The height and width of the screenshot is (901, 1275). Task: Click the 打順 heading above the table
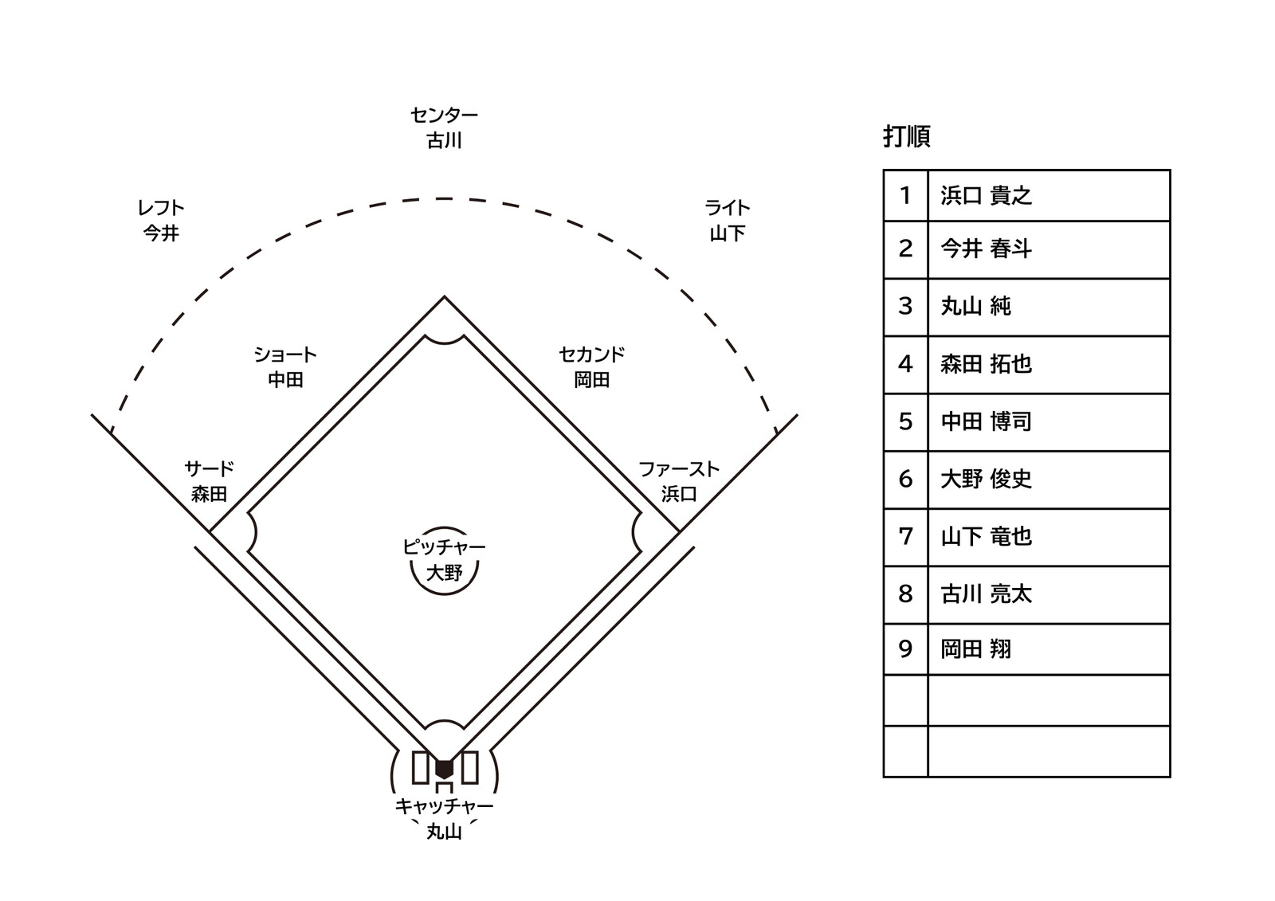click(x=907, y=136)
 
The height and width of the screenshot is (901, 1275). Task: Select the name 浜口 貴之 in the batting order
click(x=986, y=195)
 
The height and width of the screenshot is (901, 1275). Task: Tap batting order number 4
click(x=905, y=364)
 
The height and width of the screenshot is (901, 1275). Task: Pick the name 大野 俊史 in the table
click(x=986, y=479)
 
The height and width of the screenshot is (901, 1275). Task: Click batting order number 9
click(x=905, y=648)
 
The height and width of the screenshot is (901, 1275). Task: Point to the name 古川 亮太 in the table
click(x=986, y=593)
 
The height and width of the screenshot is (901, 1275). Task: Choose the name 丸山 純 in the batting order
click(x=975, y=306)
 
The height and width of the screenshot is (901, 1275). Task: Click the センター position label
click(x=444, y=116)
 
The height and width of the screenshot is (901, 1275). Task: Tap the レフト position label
click(x=160, y=208)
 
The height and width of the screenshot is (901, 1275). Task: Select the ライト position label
click(x=727, y=208)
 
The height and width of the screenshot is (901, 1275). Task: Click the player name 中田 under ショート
click(x=285, y=380)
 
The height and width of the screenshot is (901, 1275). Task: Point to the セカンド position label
click(x=591, y=355)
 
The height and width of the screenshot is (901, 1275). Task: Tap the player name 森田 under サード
click(x=209, y=493)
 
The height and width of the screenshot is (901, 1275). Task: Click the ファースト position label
click(x=678, y=469)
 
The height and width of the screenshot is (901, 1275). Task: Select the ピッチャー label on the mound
click(x=444, y=547)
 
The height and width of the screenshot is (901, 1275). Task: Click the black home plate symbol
click(x=444, y=770)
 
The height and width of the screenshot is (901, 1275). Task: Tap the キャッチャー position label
click(x=444, y=806)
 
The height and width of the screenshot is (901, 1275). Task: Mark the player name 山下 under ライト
click(x=727, y=233)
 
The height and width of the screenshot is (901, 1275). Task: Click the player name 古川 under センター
click(x=444, y=140)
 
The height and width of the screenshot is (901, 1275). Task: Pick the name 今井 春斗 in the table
click(x=986, y=249)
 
